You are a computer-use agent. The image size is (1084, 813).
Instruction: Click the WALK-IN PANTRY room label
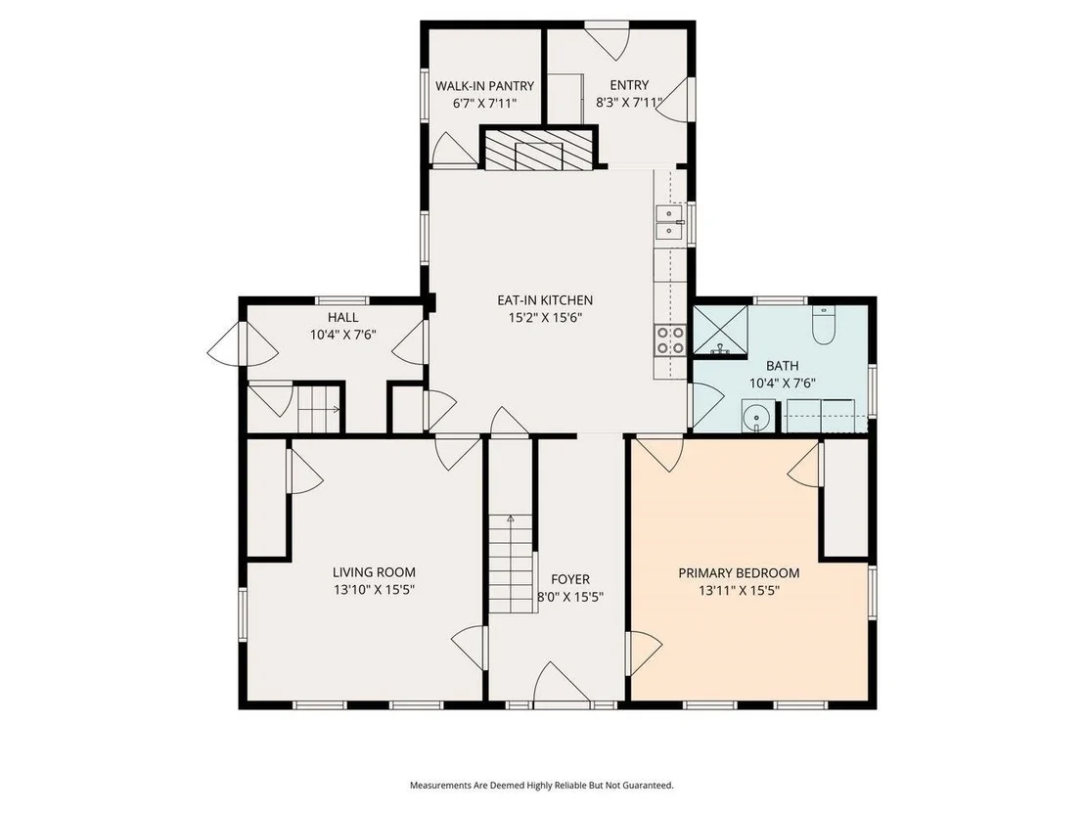pyautogui.click(x=484, y=86)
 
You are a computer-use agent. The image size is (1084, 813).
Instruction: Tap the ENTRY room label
pyautogui.click(x=629, y=85)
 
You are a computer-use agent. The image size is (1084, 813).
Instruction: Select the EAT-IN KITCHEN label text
pyautogui.click(x=545, y=300)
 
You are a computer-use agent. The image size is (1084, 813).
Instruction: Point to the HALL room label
pyautogui.click(x=342, y=317)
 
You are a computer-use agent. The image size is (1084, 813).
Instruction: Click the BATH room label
pyautogui.click(x=782, y=366)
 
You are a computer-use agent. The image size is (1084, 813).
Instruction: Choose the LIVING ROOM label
pyautogui.click(x=374, y=572)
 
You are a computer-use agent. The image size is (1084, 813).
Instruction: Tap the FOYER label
pyautogui.click(x=570, y=579)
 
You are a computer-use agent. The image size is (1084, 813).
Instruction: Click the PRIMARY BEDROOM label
pyautogui.click(x=739, y=573)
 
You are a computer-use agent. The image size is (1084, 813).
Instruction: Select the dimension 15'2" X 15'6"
pyautogui.click(x=545, y=318)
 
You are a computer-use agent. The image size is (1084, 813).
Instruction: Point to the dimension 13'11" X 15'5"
pyautogui.click(x=739, y=591)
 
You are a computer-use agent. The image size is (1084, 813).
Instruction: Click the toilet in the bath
pyautogui.click(x=823, y=324)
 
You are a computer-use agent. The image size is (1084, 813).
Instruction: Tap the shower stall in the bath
pyautogui.click(x=720, y=331)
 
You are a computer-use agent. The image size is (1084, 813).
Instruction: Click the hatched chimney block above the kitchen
pyautogui.click(x=538, y=150)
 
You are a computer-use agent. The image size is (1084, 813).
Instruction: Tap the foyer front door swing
pyautogui.click(x=562, y=685)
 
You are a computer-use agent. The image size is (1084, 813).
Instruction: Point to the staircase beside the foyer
pyautogui.click(x=511, y=564)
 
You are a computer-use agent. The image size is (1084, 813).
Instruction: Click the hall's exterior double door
pyautogui.click(x=244, y=343)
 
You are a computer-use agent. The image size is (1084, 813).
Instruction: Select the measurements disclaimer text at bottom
pyautogui.click(x=542, y=786)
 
